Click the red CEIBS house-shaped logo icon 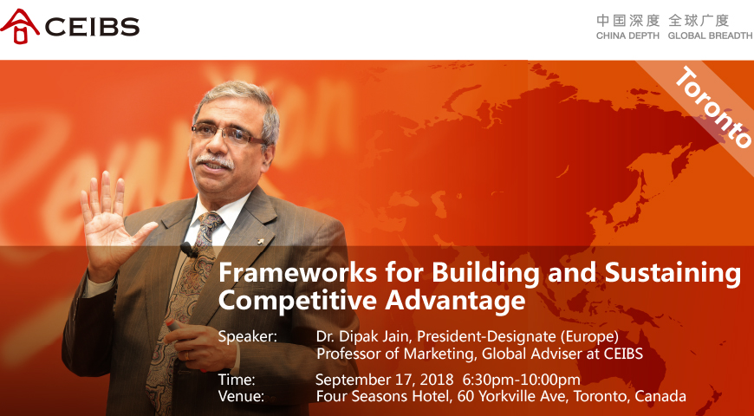(x=20, y=26)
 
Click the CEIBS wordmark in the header (x=92, y=27)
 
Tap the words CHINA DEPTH (x=627, y=36)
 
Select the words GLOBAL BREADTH (x=710, y=36)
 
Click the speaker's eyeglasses (x=229, y=133)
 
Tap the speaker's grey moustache (x=215, y=160)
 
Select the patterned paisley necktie (x=185, y=308)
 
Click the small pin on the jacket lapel (x=260, y=239)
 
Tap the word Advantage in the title (x=455, y=302)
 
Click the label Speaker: (x=248, y=337)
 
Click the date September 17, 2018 (x=384, y=380)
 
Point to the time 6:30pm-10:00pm (x=521, y=380)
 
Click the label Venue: (x=241, y=397)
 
